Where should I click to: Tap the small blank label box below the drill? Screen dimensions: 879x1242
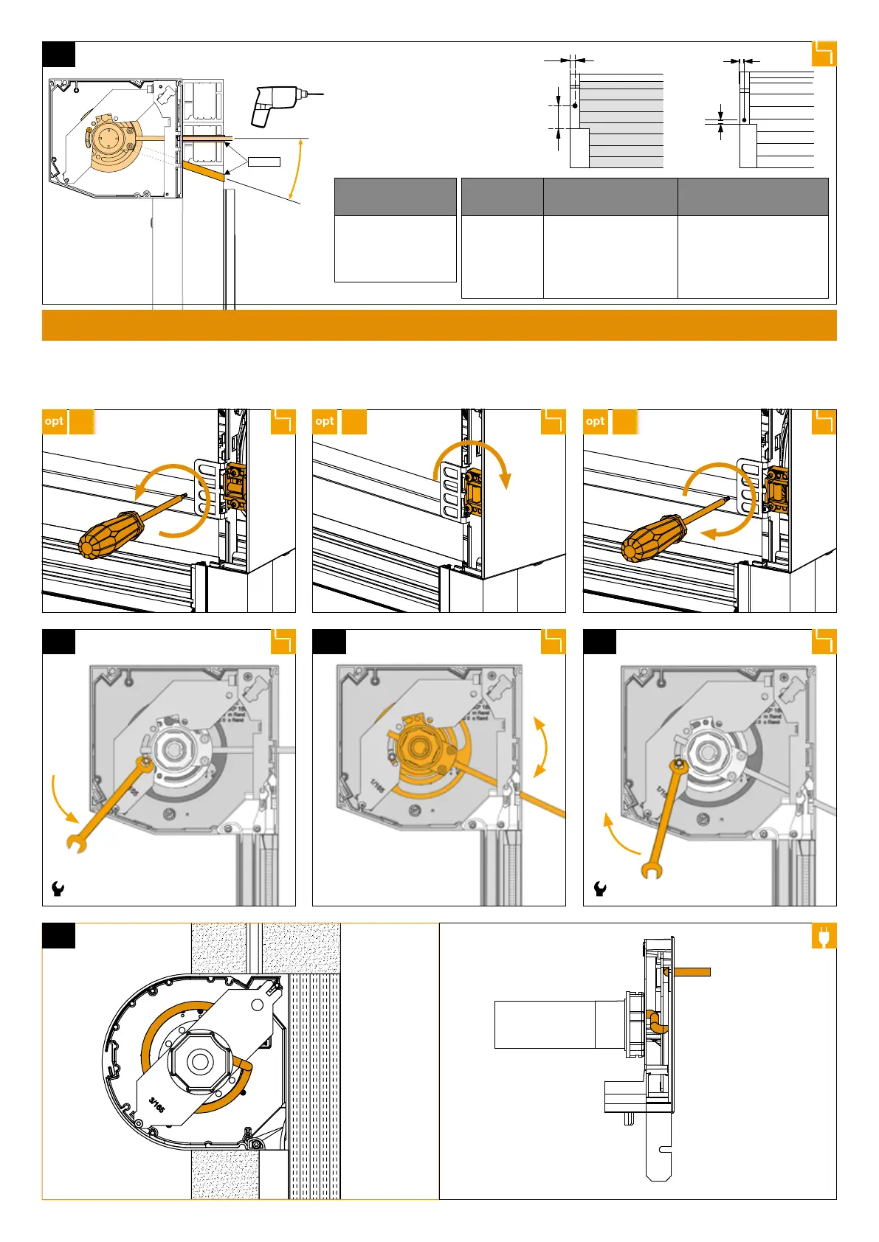(263, 162)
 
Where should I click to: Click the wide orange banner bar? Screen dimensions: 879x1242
(439, 325)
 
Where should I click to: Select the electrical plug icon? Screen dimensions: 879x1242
(823, 936)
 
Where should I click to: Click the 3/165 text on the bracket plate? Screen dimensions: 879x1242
(157, 1105)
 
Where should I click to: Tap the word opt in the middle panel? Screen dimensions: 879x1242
(325, 421)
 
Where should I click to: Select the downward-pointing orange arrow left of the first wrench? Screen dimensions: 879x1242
(62, 799)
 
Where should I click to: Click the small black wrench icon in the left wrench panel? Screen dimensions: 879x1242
(58, 889)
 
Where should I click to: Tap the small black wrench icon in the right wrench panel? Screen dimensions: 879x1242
(600, 889)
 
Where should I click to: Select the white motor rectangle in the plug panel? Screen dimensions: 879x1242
(545, 1024)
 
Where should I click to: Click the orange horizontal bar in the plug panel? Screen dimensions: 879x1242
(689, 972)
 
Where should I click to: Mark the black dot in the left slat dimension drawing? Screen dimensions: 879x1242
(575, 105)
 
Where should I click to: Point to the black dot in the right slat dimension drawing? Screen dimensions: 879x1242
(744, 120)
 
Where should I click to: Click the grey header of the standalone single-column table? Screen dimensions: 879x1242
(395, 197)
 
